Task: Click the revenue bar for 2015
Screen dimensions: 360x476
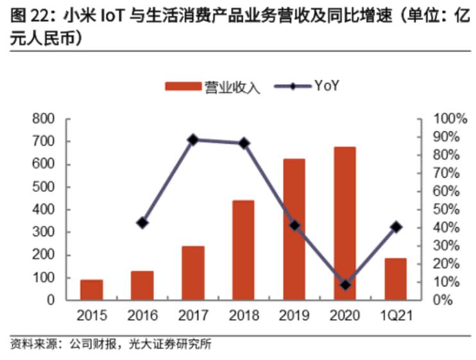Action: [92, 289]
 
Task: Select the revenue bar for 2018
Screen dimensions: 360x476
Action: [243, 250]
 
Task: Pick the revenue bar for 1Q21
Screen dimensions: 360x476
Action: [396, 279]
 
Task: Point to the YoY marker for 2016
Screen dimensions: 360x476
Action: [142, 223]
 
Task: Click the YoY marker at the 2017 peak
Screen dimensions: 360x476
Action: [193, 140]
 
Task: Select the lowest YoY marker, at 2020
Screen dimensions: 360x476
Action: [345, 285]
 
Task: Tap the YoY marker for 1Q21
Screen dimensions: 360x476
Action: [396, 227]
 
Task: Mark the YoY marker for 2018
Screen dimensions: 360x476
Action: [244, 143]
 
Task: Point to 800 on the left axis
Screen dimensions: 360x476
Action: [44, 119]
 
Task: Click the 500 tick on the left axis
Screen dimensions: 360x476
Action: [44, 187]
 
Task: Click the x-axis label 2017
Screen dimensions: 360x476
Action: [193, 315]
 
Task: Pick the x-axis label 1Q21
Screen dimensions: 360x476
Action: [396, 315]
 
